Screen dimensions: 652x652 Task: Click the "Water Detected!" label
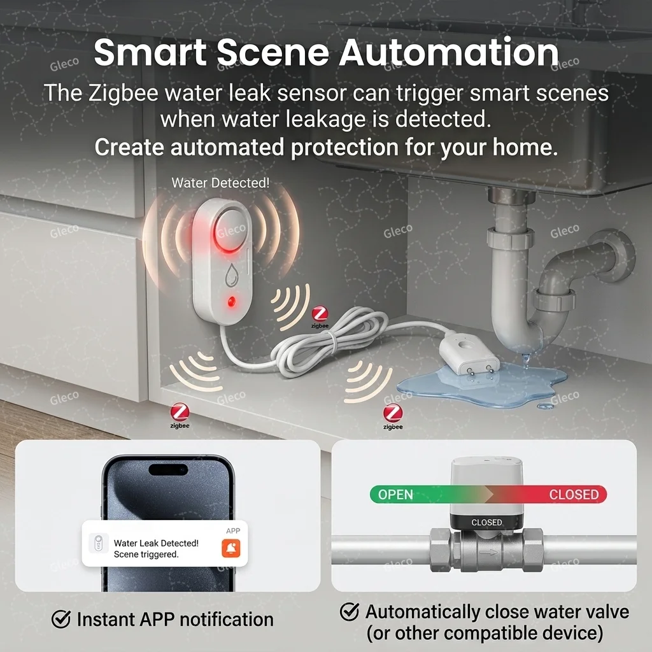click(220, 183)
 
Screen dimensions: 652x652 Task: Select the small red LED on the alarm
click(230, 301)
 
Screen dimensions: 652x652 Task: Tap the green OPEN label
click(395, 495)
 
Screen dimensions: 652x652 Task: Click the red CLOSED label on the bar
click(574, 495)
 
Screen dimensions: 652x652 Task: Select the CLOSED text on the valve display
click(486, 522)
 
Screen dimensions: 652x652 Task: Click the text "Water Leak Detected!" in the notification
click(156, 543)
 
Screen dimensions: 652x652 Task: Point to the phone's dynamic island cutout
click(168, 470)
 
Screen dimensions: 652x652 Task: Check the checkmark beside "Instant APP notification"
click(61, 619)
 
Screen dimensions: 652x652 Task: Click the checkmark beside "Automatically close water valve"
click(350, 613)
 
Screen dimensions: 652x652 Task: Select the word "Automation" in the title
click(449, 53)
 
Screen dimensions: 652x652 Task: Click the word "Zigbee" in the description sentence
click(122, 93)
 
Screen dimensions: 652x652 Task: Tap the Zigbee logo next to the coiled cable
click(320, 315)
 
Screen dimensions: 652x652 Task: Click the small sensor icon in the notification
click(98, 544)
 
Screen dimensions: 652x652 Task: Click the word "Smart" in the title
click(149, 53)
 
